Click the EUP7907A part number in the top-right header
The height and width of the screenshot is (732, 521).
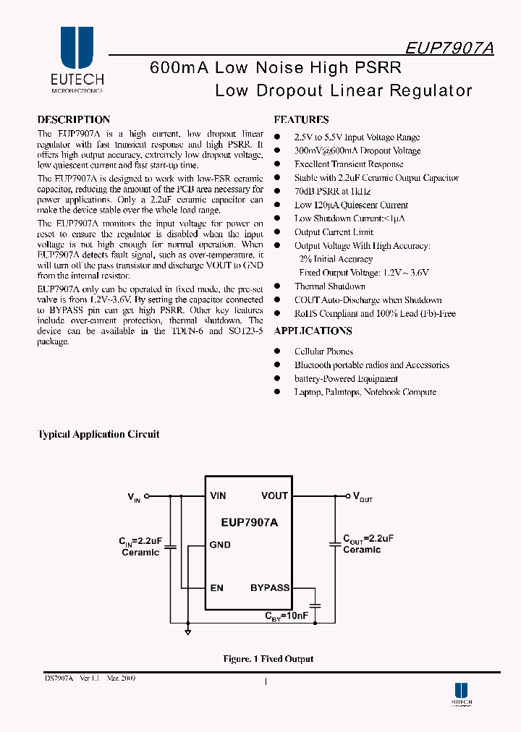click(x=449, y=48)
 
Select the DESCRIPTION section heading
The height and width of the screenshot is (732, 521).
click(x=74, y=119)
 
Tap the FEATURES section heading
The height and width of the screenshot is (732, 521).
click(x=301, y=120)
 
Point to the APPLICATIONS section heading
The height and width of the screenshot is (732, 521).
click(x=313, y=331)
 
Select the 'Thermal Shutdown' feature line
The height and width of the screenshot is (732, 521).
click(x=329, y=286)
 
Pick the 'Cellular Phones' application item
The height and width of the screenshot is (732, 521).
click(x=323, y=352)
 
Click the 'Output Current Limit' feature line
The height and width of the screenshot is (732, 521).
click(x=334, y=232)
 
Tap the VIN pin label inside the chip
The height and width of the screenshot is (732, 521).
click(x=218, y=495)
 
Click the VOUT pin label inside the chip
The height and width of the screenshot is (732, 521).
click(x=274, y=495)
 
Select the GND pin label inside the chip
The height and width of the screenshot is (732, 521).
click(x=220, y=545)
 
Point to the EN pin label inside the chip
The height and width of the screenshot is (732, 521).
click(x=217, y=588)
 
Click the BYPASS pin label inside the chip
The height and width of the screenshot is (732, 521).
click(x=270, y=588)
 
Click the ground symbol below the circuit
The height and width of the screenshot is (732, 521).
click(x=187, y=632)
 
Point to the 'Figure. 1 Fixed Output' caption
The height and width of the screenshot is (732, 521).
click(x=268, y=659)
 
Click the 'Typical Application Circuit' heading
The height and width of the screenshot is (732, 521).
click(x=98, y=435)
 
